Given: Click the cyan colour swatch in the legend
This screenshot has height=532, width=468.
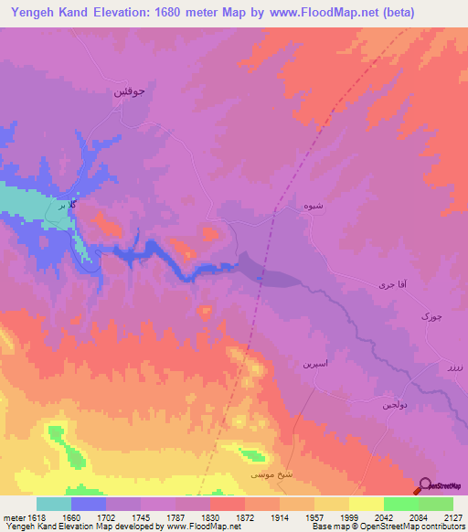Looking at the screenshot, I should click(x=54, y=504).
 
